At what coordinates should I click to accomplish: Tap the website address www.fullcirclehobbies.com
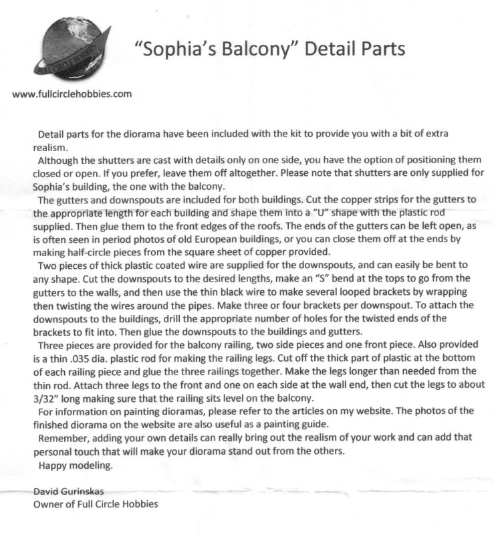pyautogui.click(x=72, y=94)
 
